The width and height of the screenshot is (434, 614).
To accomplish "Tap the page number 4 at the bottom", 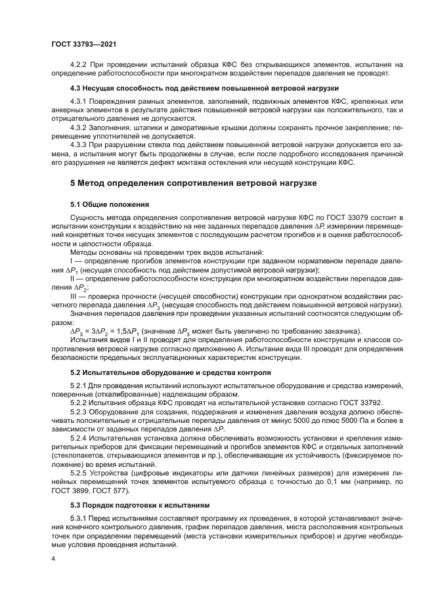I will (53, 558).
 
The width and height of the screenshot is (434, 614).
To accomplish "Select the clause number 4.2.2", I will (79, 64).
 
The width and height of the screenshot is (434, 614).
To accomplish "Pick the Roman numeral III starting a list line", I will (72, 296).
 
